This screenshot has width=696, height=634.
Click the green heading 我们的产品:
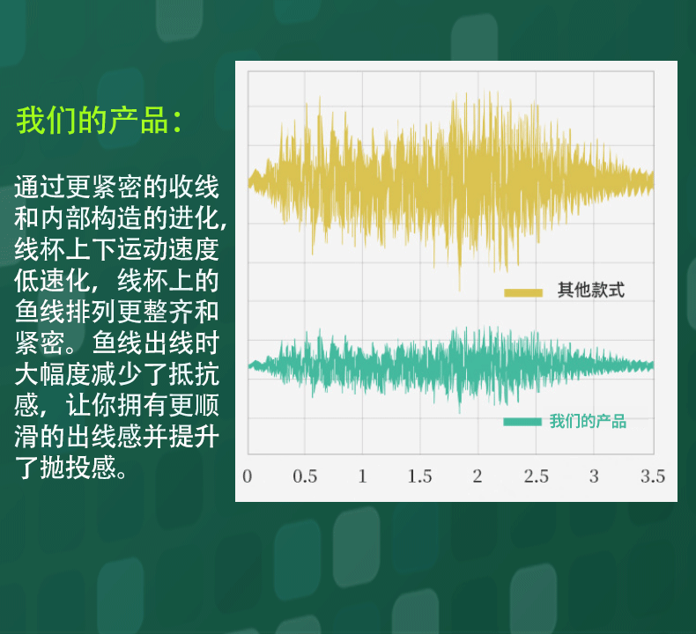click(99, 121)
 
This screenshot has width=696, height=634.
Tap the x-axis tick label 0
click(248, 476)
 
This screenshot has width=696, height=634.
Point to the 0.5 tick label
click(305, 476)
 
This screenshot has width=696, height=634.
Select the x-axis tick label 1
click(363, 476)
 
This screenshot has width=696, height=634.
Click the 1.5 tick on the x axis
click(420, 476)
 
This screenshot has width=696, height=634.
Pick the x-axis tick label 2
click(478, 476)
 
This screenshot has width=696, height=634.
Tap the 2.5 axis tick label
click(537, 476)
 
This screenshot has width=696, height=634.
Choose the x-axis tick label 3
click(594, 476)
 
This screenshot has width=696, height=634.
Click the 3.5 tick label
click(653, 476)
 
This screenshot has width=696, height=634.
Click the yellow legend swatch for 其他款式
click(523, 293)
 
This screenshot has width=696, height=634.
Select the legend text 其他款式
click(591, 291)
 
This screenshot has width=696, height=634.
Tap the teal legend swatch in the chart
click(522, 422)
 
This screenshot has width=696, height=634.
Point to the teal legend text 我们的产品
click(588, 421)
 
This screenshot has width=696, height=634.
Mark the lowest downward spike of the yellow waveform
click(459, 291)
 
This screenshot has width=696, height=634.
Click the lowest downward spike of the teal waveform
click(459, 412)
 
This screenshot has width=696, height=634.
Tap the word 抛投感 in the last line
click(78, 468)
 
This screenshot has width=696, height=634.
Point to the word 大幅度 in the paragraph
click(52, 374)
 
